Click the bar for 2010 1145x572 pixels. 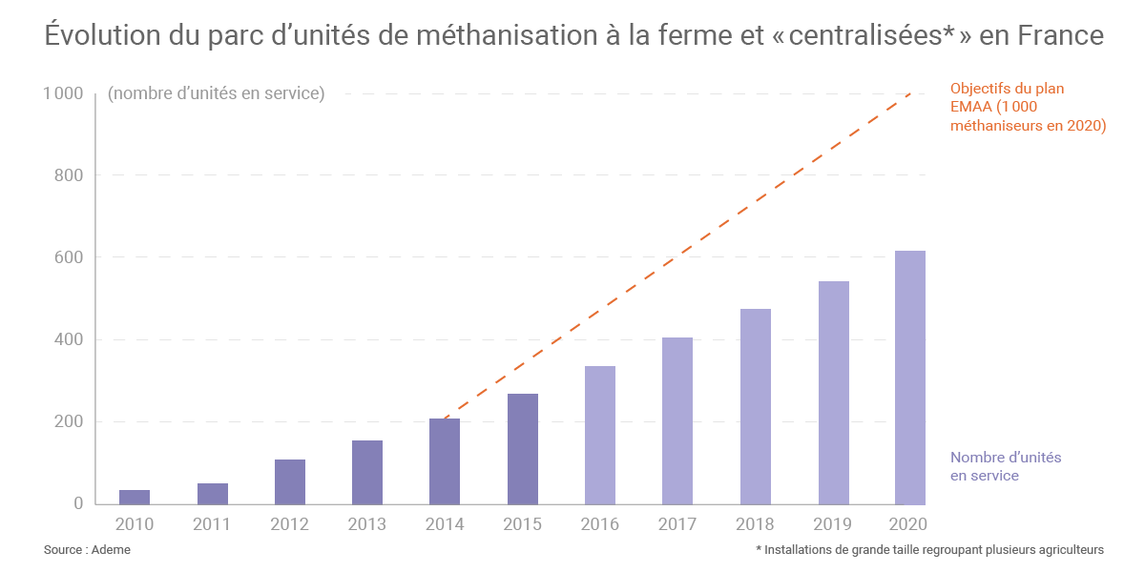point(135,497)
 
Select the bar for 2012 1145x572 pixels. point(290,481)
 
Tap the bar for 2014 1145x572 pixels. point(445,461)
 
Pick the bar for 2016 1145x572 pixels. point(600,435)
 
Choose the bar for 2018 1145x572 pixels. point(756,406)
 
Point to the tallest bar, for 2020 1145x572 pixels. point(910,378)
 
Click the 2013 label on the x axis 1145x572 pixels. point(367,524)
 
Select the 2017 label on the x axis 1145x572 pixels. point(677,524)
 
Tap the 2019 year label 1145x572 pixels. point(833,524)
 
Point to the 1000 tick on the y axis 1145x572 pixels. point(63,93)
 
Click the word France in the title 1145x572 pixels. point(1060,36)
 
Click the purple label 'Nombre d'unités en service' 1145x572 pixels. point(1006,466)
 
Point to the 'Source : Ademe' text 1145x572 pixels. point(88,550)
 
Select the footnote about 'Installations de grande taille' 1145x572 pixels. point(929,550)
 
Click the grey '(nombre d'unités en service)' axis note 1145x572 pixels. point(217,93)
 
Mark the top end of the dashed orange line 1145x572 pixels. point(910,93)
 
